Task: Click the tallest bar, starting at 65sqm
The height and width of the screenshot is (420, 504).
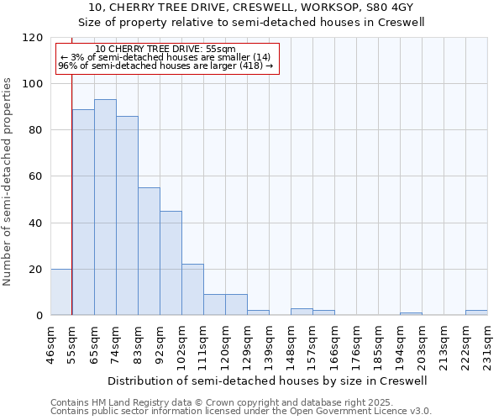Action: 105,207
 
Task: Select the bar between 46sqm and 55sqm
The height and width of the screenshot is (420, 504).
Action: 61,292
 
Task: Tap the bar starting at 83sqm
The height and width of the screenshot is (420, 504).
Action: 149,251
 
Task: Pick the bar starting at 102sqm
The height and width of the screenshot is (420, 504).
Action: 192,290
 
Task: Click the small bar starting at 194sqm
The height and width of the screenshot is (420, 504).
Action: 411,313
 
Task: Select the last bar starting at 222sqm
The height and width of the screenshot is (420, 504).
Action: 476,312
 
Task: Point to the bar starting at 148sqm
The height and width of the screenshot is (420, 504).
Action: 302,312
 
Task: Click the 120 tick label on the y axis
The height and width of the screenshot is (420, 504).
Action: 33,38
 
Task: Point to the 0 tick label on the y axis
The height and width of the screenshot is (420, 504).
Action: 39,316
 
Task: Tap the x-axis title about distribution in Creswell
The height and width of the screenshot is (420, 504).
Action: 269,381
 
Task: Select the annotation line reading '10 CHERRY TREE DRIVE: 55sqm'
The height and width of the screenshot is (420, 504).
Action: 165,50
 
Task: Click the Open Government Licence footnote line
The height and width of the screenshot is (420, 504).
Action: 241,412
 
